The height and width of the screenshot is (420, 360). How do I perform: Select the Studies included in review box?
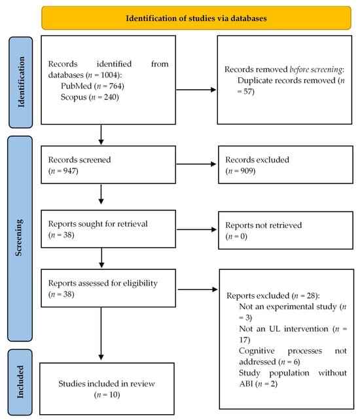[109, 385]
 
